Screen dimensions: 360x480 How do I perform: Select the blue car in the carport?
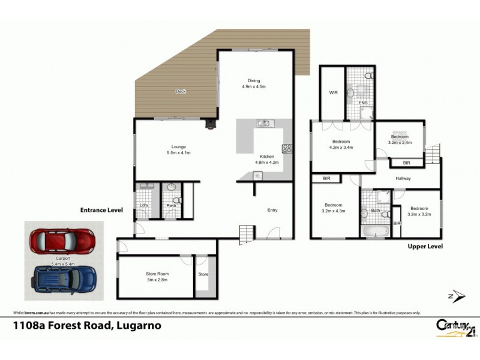point(65,279)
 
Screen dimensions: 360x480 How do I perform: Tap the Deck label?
point(180,91)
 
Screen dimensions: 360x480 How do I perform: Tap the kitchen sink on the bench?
point(264,124)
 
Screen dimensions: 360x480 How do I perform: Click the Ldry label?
point(144,206)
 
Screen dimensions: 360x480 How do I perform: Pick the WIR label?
point(333,93)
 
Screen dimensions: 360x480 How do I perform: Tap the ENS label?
point(362,103)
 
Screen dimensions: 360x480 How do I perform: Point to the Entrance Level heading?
point(101,211)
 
